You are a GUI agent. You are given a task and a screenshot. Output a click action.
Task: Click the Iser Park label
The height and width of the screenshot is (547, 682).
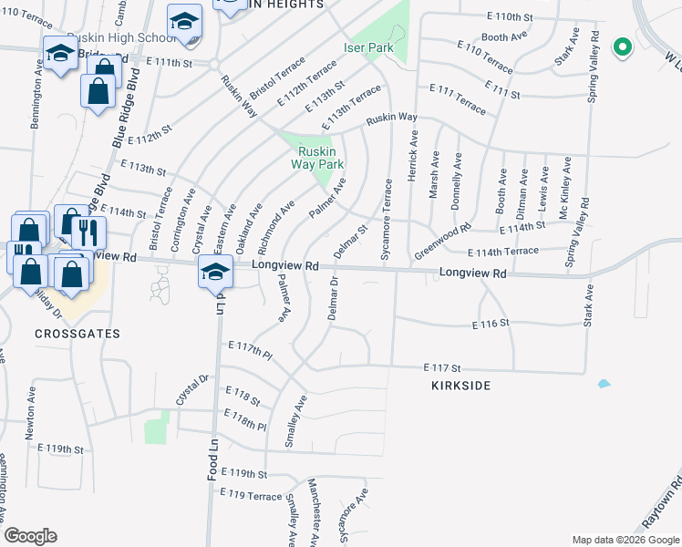click(367, 47)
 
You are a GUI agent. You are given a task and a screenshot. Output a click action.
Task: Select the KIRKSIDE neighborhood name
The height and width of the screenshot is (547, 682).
click(460, 386)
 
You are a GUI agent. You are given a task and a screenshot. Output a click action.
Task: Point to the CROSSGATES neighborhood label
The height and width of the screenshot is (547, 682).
click(77, 334)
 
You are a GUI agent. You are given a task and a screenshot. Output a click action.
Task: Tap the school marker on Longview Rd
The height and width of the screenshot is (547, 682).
click(215, 273)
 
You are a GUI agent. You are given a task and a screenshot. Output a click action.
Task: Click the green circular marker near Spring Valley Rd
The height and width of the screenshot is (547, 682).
click(623, 46)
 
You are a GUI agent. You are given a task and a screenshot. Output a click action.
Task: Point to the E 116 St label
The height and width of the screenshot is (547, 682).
click(489, 325)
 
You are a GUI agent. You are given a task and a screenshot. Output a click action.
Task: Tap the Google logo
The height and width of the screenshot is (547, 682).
click(30, 536)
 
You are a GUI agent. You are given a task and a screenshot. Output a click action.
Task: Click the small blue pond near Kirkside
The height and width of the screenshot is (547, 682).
click(603, 384)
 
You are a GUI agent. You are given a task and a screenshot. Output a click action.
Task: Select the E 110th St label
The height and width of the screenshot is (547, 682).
click(509, 17)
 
